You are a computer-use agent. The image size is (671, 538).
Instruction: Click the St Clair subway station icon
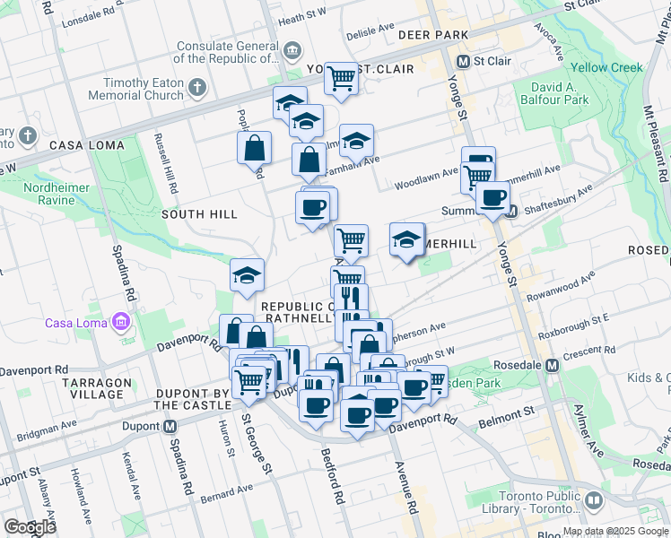[464, 62]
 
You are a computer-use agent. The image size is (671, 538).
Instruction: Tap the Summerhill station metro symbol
[510, 212]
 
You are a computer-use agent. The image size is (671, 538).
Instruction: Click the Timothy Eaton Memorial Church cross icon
[197, 88]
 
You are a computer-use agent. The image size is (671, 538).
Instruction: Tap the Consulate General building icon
[293, 48]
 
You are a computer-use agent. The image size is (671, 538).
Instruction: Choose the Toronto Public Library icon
[593, 499]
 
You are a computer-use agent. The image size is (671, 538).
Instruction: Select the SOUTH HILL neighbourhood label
[199, 214]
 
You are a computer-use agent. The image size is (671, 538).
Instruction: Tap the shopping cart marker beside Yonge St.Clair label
[341, 78]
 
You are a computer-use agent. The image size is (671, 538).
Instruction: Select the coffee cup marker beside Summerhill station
[492, 197]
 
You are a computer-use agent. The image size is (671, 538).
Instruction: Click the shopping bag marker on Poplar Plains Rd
[255, 147]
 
